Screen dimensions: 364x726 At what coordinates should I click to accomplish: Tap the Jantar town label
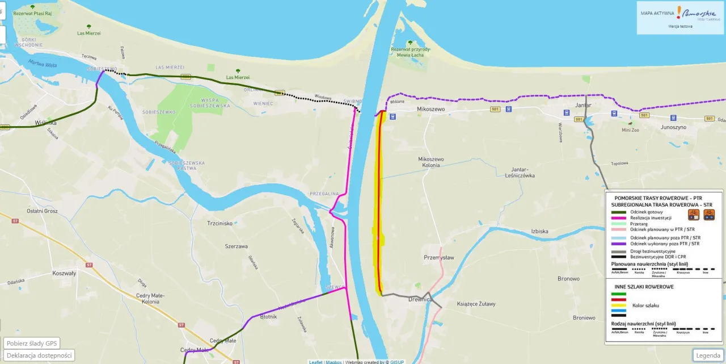(583, 106)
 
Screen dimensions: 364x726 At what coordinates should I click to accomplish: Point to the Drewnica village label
(420, 299)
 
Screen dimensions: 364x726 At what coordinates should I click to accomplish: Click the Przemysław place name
(439, 257)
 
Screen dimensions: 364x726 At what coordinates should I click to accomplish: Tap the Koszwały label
(63, 273)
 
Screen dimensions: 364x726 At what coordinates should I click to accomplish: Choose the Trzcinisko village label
(220, 223)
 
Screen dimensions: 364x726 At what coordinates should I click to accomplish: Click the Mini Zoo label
(630, 130)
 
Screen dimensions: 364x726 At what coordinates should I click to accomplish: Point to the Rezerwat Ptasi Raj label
(36, 13)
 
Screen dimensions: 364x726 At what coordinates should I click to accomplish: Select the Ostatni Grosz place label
(42, 211)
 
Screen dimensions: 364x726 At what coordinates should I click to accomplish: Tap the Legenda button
(708, 355)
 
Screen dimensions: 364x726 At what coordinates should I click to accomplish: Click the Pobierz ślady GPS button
(32, 344)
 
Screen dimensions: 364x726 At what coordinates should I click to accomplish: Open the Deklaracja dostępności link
(39, 355)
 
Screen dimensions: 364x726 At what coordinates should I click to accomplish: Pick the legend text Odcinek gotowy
(646, 212)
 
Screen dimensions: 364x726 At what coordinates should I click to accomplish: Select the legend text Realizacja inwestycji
(651, 217)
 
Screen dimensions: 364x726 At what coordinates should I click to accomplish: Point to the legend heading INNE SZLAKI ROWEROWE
(640, 287)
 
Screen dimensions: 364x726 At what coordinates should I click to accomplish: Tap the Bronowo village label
(568, 279)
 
